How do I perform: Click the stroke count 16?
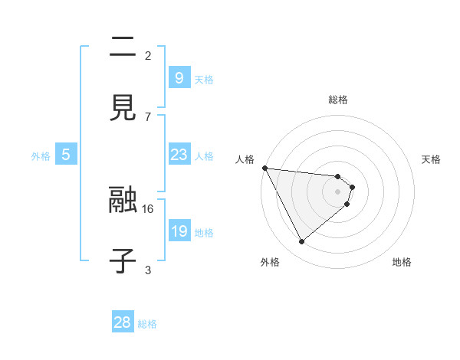point(149,208)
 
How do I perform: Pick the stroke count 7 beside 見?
point(148,116)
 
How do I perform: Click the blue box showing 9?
point(179,77)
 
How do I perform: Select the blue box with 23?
point(179,155)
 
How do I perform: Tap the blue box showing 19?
point(179,231)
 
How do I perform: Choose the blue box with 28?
point(123,322)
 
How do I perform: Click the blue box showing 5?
point(66,155)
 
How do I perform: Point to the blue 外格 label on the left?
point(41,155)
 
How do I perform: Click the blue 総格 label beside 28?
point(147,324)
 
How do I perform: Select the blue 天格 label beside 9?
point(204,79)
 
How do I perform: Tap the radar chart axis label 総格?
point(338,100)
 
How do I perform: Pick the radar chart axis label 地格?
point(402,262)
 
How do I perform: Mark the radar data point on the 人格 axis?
point(264,168)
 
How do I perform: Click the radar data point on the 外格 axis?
point(301,241)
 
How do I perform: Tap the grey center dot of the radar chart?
point(338,191)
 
